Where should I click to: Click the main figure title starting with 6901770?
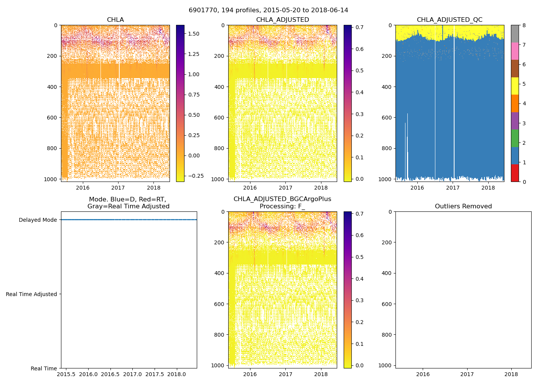tap(268, 10)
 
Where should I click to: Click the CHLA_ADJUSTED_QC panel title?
tap(450, 20)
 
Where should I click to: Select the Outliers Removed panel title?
tap(463, 206)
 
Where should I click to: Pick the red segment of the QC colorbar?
tap(515, 173)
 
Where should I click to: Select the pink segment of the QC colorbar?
tap(515, 51)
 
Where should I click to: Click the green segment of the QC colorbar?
tap(515, 138)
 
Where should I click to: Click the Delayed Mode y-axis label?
tap(38, 220)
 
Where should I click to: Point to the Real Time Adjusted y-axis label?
tap(31, 294)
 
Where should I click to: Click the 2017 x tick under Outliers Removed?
tap(467, 374)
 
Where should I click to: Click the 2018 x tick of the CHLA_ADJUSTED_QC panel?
tap(488, 188)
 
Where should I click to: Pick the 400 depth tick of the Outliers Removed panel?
tap(387, 273)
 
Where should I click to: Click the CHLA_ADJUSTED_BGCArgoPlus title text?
tap(282, 199)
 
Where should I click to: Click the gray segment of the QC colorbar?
tap(515, 34)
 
